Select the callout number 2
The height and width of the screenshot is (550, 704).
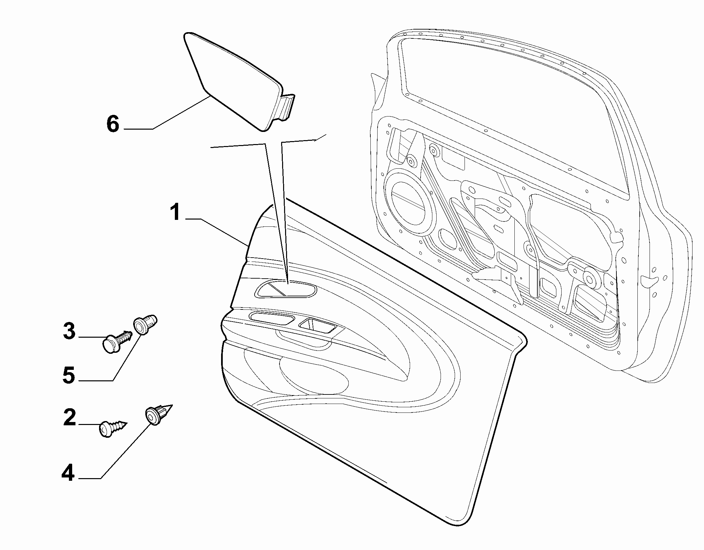70,417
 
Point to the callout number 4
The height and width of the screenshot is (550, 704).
68,473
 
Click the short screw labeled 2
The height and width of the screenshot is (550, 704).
113,428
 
